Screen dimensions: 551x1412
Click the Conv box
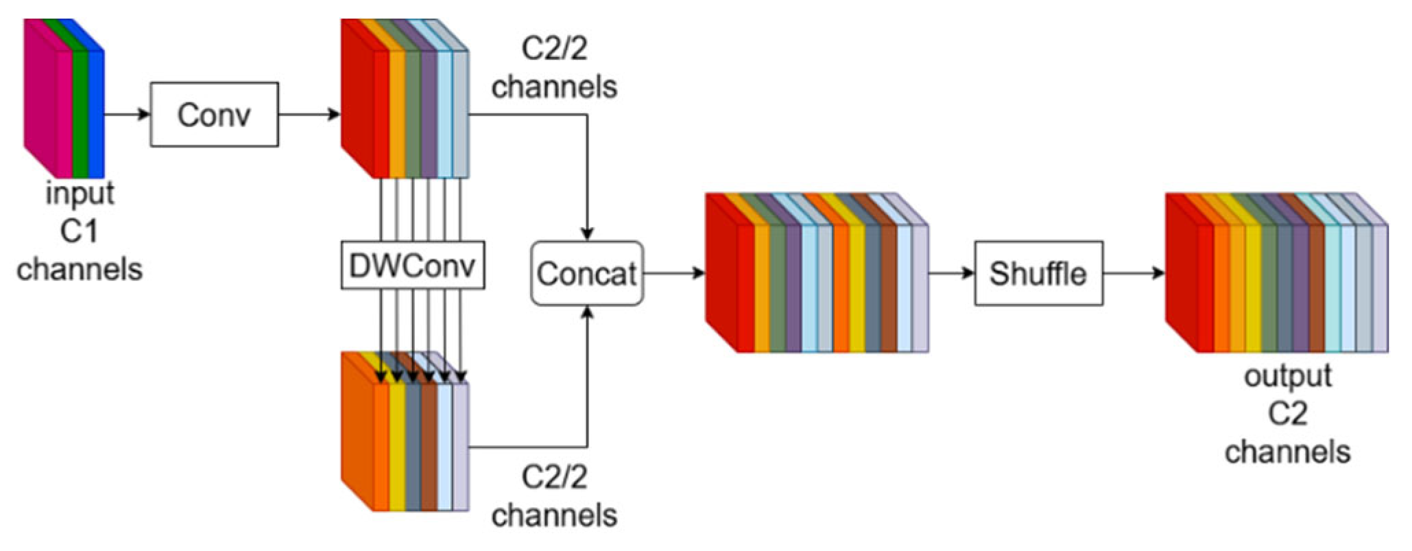[x=214, y=115]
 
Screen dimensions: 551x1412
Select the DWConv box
[x=412, y=265]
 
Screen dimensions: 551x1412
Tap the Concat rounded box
[x=587, y=273]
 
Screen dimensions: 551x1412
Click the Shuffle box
[x=1038, y=273]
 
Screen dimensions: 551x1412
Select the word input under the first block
[x=80, y=194]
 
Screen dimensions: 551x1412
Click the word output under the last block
[x=1287, y=376]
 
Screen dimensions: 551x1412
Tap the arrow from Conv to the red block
[x=309, y=114]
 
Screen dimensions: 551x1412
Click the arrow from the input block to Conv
[x=128, y=114]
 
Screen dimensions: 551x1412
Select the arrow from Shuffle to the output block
[x=1134, y=273]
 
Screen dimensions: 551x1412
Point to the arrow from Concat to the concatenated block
[x=674, y=273]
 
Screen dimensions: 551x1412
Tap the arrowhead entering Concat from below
[x=587, y=312]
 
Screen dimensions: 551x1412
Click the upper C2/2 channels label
[x=554, y=68]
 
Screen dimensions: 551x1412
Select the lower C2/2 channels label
[x=554, y=496]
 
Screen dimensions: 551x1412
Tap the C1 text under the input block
[x=79, y=231]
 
